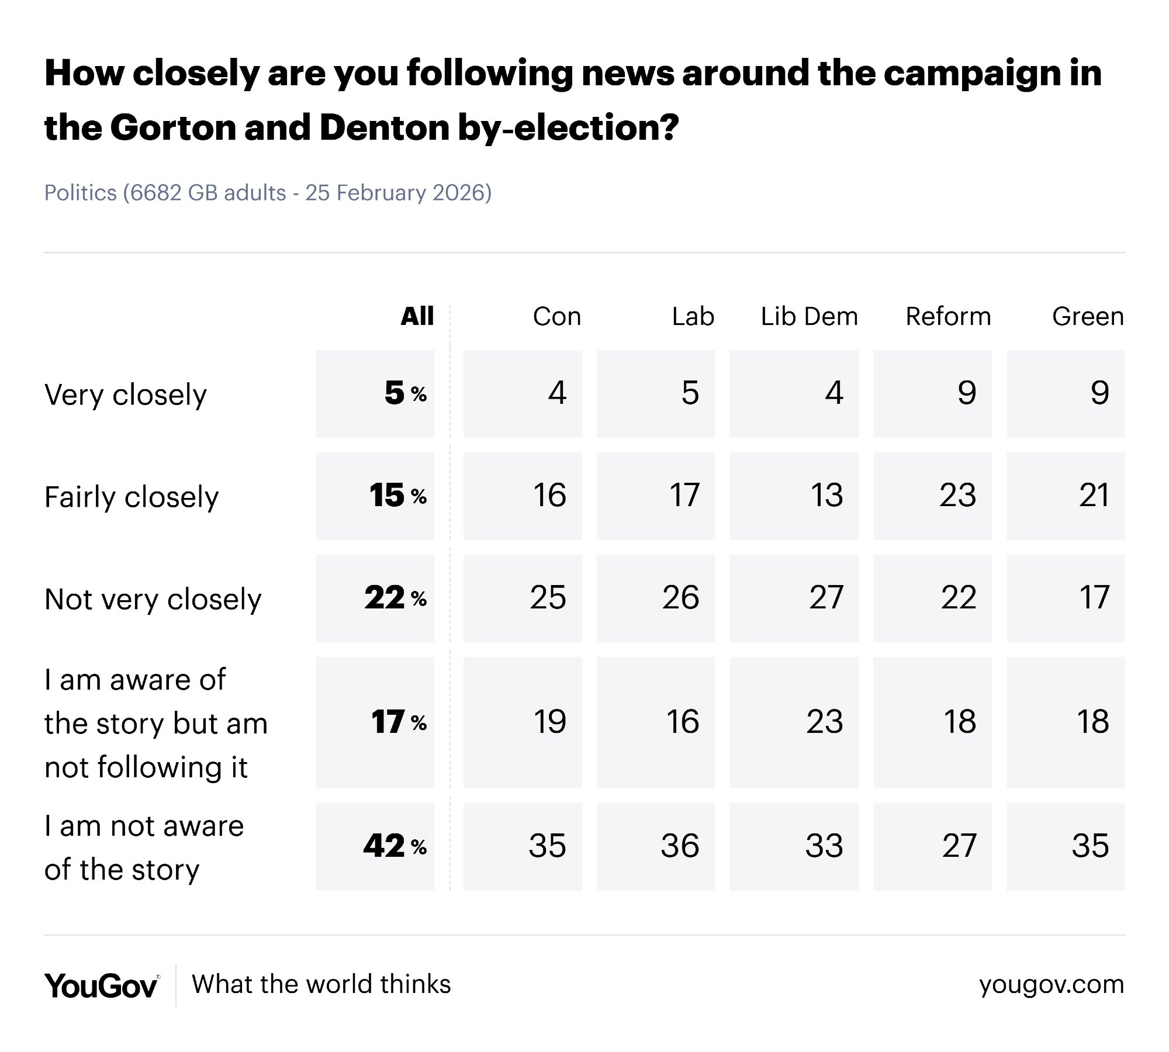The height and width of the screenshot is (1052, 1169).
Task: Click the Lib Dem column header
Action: tap(809, 317)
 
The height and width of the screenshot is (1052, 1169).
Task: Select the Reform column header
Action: tap(948, 317)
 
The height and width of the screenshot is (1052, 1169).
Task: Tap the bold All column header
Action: tap(417, 317)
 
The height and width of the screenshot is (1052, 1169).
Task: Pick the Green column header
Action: tap(1088, 317)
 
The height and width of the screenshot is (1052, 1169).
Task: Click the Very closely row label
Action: tap(126, 395)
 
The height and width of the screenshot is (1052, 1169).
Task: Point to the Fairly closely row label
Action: tap(132, 497)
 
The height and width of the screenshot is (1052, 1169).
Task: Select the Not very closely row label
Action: tap(153, 600)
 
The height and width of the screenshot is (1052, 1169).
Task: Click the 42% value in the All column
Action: tap(395, 846)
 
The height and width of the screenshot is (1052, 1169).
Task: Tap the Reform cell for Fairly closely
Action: tap(957, 496)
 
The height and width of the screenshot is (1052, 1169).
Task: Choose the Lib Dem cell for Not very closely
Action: tap(826, 598)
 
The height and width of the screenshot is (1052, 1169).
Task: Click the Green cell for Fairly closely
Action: tap(1094, 496)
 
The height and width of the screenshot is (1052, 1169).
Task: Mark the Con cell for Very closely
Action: tap(557, 393)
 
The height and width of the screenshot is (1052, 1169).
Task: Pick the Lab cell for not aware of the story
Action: tap(680, 846)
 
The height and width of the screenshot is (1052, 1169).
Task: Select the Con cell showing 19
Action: tap(549, 722)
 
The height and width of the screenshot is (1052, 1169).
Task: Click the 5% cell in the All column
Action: tap(404, 393)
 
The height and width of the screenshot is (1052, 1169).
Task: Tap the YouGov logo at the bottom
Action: tap(101, 986)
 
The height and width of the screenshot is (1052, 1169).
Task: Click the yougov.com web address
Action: tap(1052, 985)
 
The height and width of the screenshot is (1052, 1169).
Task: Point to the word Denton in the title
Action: tap(383, 127)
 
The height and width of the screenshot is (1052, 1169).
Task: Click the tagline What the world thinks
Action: tap(321, 985)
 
